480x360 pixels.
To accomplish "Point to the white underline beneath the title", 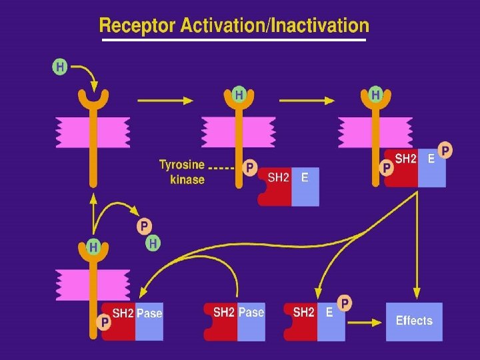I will [x=233, y=40].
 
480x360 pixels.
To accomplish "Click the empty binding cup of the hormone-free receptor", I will [x=93, y=99].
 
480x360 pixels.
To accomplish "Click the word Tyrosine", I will [x=181, y=164].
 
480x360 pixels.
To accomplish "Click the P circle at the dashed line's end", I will [x=249, y=168].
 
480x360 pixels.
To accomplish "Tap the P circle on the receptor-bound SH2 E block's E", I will [x=445, y=150].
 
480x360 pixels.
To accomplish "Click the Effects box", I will [x=414, y=321].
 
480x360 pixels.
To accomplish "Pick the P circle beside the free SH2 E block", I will [x=345, y=304].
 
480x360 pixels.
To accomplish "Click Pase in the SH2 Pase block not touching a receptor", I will [x=251, y=311].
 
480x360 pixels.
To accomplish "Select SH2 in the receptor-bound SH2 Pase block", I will [x=123, y=313].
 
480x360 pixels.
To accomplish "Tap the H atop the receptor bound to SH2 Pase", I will [x=93, y=247].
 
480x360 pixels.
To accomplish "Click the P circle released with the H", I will [x=145, y=227].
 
